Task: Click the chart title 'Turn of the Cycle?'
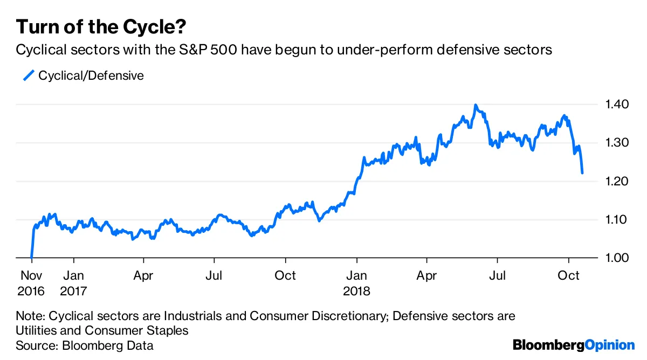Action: click(102, 26)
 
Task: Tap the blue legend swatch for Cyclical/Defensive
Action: click(28, 75)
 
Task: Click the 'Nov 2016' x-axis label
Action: click(32, 283)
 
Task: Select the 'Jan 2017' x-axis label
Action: click(74, 283)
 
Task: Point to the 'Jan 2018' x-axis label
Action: click(356, 283)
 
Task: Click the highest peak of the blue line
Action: click(475, 105)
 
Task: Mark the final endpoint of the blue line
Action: click(582, 173)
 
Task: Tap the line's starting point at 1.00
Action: click(32, 258)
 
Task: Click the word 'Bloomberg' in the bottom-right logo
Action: click(548, 345)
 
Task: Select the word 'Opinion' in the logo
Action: click(609, 345)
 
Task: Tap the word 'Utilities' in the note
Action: click(37, 330)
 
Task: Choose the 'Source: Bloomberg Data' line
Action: click(85, 345)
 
